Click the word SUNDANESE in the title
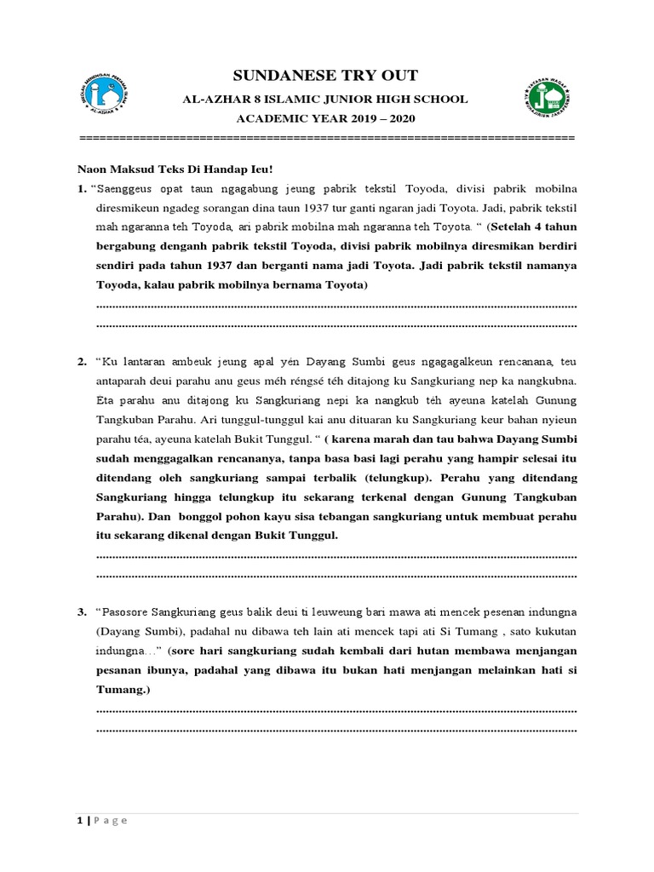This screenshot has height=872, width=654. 274,75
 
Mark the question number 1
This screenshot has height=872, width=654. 82,186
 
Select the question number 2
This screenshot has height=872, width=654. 82,362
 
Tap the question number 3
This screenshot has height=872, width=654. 82,611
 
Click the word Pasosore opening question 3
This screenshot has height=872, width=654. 131,611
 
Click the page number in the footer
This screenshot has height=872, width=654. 80,821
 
